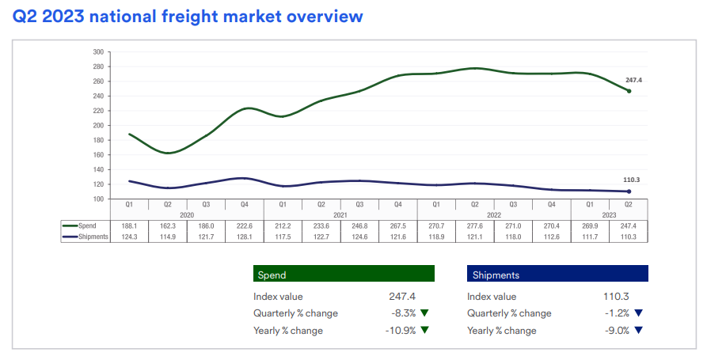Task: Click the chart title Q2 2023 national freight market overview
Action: click(188, 17)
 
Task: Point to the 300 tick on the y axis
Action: click(98, 52)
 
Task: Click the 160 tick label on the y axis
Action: click(98, 155)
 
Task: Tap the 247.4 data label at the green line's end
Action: click(633, 81)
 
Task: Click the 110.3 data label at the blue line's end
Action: click(633, 180)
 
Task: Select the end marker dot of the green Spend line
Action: click(629, 91)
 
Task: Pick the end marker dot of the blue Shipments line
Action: click(629, 191)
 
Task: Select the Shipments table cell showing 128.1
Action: click(244, 236)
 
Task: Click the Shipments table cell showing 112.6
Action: click(551, 236)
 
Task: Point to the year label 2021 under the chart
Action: click(340, 214)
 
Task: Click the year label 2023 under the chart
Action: click(609, 214)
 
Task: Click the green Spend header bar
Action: click(344, 274)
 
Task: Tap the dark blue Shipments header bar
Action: click(557, 274)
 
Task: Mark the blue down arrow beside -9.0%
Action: click(638, 331)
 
